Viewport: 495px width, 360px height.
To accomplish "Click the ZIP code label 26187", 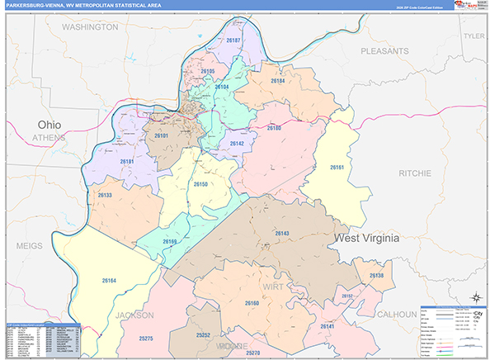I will tap(233, 40).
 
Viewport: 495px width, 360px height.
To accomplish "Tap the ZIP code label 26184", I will tap(278, 81).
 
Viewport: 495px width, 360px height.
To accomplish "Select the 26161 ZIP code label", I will tap(337, 168).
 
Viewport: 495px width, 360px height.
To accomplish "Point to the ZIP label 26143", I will tap(282, 234).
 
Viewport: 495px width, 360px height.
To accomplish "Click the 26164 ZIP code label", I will tap(110, 280).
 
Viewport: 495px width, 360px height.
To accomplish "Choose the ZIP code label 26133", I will tap(105, 195).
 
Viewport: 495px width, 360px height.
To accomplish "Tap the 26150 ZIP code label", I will tap(200, 184).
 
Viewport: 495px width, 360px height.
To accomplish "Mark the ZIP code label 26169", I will tap(170, 241).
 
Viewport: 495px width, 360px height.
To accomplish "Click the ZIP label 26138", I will tap(376, 275).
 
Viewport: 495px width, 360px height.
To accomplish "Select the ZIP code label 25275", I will tap(146, 338).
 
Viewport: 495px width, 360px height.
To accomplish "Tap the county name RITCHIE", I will tap(413, 173).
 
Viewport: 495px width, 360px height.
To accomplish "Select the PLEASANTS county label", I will tap(384, 51).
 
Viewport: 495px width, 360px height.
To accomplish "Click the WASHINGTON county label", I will tap(90, 27).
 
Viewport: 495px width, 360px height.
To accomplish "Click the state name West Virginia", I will tap(366, 237).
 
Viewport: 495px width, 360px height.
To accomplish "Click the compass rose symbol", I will tap(476, 297).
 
